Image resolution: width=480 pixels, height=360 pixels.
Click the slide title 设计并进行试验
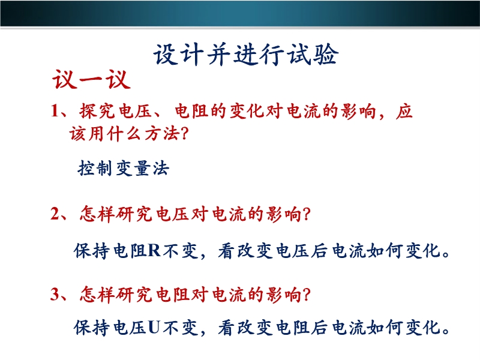pos(246,55)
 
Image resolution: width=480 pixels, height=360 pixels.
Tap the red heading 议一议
pos(91,79)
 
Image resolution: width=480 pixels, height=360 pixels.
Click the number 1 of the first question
pos(55,110)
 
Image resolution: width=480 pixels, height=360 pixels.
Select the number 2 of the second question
pos(55,214)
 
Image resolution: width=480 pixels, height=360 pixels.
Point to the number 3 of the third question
pos(55,294)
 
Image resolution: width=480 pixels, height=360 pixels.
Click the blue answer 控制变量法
pos(124,168)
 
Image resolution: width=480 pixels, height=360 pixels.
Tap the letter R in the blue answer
pos(154,250)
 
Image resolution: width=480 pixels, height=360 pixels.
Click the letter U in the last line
pos(154,327)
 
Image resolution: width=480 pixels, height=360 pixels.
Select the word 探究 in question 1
pos(97,110)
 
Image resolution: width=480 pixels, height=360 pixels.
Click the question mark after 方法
pos(184,133)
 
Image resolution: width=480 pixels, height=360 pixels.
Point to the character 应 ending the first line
pos(404,110)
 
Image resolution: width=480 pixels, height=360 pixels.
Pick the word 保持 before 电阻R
pos(92,251)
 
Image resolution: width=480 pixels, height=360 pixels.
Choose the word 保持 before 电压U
pos(92,328)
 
